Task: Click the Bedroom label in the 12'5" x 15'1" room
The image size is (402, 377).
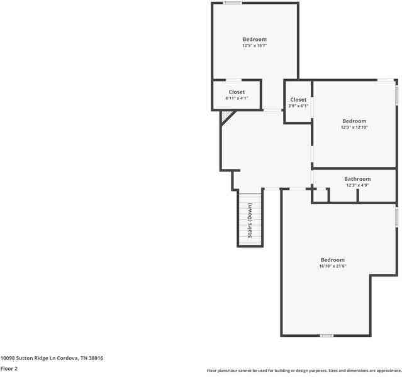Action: point(254,40)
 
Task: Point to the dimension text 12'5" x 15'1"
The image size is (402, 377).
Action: point(254,46)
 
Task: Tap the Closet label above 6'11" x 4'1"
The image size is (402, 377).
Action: point(237,92)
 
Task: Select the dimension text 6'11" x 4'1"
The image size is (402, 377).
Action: point(237,98)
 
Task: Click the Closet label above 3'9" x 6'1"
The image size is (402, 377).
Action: point(298,99)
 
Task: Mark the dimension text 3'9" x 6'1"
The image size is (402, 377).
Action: point(298,106)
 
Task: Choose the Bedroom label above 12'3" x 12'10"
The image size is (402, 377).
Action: point(354,121)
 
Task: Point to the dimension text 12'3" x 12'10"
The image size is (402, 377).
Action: point(354,127)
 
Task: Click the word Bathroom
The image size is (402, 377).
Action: point(357,179)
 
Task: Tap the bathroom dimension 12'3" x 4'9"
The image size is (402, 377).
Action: point(357,185)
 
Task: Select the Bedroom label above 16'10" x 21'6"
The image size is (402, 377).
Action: point(333,260)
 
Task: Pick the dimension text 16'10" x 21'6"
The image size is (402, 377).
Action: point(333,266)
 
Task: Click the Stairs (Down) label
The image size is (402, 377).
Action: point(250,220)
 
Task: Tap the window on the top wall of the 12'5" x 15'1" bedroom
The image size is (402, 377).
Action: point(233,3)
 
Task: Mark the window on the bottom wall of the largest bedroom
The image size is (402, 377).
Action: point(327,336)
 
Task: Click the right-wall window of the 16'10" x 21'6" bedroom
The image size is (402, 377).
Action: point(396,217)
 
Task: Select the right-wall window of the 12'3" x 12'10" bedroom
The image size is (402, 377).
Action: point(396,95)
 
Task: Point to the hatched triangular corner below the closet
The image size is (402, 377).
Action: point(226,116)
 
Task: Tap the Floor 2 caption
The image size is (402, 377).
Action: point(9,368)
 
